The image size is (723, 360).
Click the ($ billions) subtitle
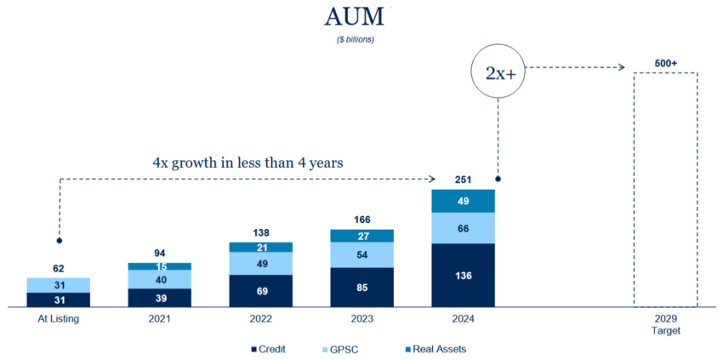(x=355, y=39)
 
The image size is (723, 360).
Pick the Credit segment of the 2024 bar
(x=464, y=275)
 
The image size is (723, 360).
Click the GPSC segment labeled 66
(x=464, y=227)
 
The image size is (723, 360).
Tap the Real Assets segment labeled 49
(x=464, y=201)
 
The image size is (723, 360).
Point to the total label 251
(x=464, y=180)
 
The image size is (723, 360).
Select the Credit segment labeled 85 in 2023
(x=362, y=287)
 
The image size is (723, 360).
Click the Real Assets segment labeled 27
(x=362, y=236)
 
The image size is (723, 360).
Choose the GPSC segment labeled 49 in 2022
(x=261, y=263)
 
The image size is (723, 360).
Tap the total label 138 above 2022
(x=261, y=231)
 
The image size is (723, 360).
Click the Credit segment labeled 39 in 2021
(x=160, y=297)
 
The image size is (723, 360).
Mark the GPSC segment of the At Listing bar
(x=59, y=285)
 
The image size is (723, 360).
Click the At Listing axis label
(x=59, y=319)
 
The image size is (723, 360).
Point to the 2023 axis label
(x=362, y=319)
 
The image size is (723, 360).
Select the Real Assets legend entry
(x=435, y=348)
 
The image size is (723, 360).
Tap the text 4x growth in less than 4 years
(x=248, y=161)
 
